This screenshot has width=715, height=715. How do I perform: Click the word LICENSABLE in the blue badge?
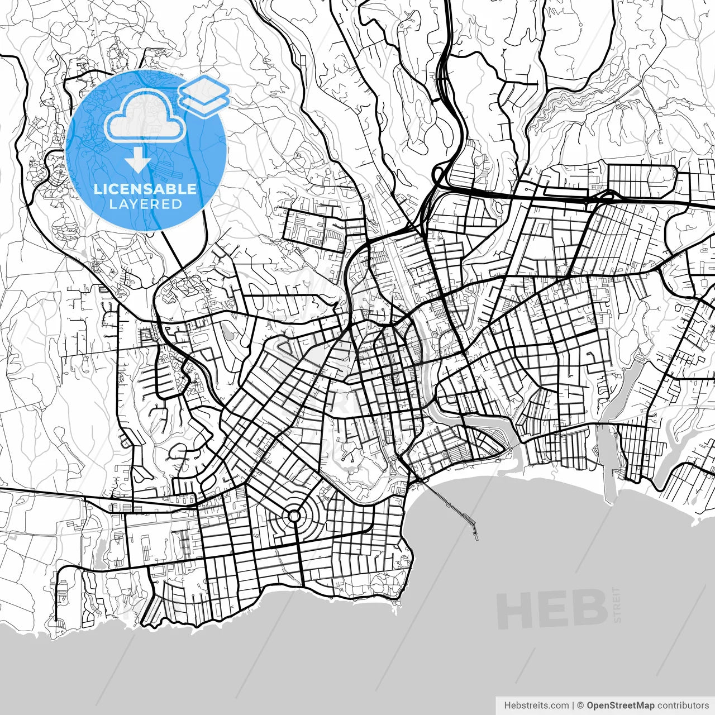tap(145, 189)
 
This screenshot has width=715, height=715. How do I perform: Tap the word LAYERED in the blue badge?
tap(145, 204)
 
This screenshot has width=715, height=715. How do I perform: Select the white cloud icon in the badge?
tap(145, 116)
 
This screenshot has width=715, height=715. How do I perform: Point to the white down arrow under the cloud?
tap(138, 161)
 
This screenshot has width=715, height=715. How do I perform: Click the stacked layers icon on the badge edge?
tap(204, 96)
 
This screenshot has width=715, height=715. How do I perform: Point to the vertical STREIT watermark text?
tap(617, 604)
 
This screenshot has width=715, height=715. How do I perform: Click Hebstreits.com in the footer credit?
tap(536, 706)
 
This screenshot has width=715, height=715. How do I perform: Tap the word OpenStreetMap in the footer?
tap(620, 706)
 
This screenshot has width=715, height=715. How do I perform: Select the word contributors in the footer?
tap(683, 706)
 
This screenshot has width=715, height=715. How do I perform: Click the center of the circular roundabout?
tap(293, 516)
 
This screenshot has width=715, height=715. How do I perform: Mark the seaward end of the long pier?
tap(475, 538)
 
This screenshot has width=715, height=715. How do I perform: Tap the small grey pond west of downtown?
tap(228, 332)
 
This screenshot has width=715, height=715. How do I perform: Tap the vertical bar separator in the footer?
tap(573, 706)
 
